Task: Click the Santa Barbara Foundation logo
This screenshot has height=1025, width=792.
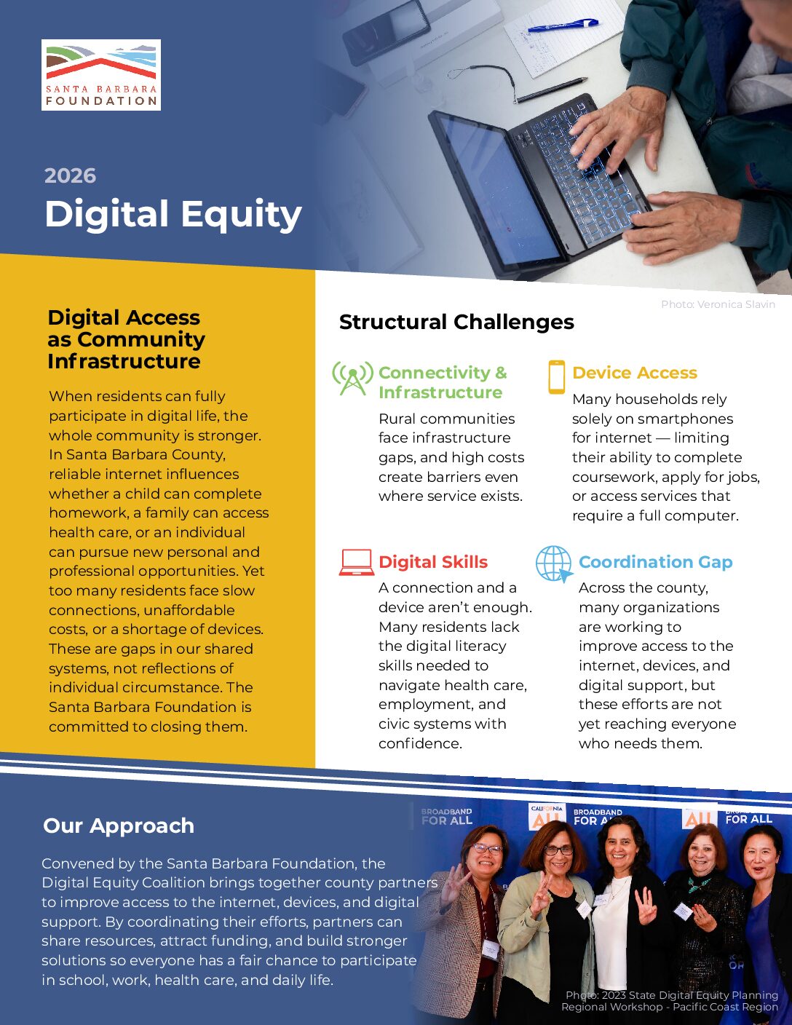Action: (101, 75)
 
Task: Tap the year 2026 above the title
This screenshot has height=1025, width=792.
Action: (71, 176)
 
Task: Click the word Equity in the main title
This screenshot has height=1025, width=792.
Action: (242, 215)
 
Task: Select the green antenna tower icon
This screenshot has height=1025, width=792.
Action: (352, 379)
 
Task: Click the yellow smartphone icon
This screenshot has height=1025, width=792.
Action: (557, 377)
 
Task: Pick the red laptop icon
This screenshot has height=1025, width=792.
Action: (357, 562)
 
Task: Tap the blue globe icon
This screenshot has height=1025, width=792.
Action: (554, 563)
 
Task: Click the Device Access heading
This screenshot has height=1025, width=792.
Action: (635, 373)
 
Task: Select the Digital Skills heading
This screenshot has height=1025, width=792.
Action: (433, 562)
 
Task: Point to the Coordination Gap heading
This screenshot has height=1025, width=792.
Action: (656, 562)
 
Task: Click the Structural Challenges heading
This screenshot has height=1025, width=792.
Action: (456, 322)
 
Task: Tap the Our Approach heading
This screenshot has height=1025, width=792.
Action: (119, 826)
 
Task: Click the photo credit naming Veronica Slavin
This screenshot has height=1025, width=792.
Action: (718, 304)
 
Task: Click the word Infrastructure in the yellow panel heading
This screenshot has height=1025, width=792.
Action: (124, 362)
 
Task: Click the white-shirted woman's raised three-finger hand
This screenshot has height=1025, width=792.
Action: (645, 906)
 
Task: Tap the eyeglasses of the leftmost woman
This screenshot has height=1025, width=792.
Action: (486, 849)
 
